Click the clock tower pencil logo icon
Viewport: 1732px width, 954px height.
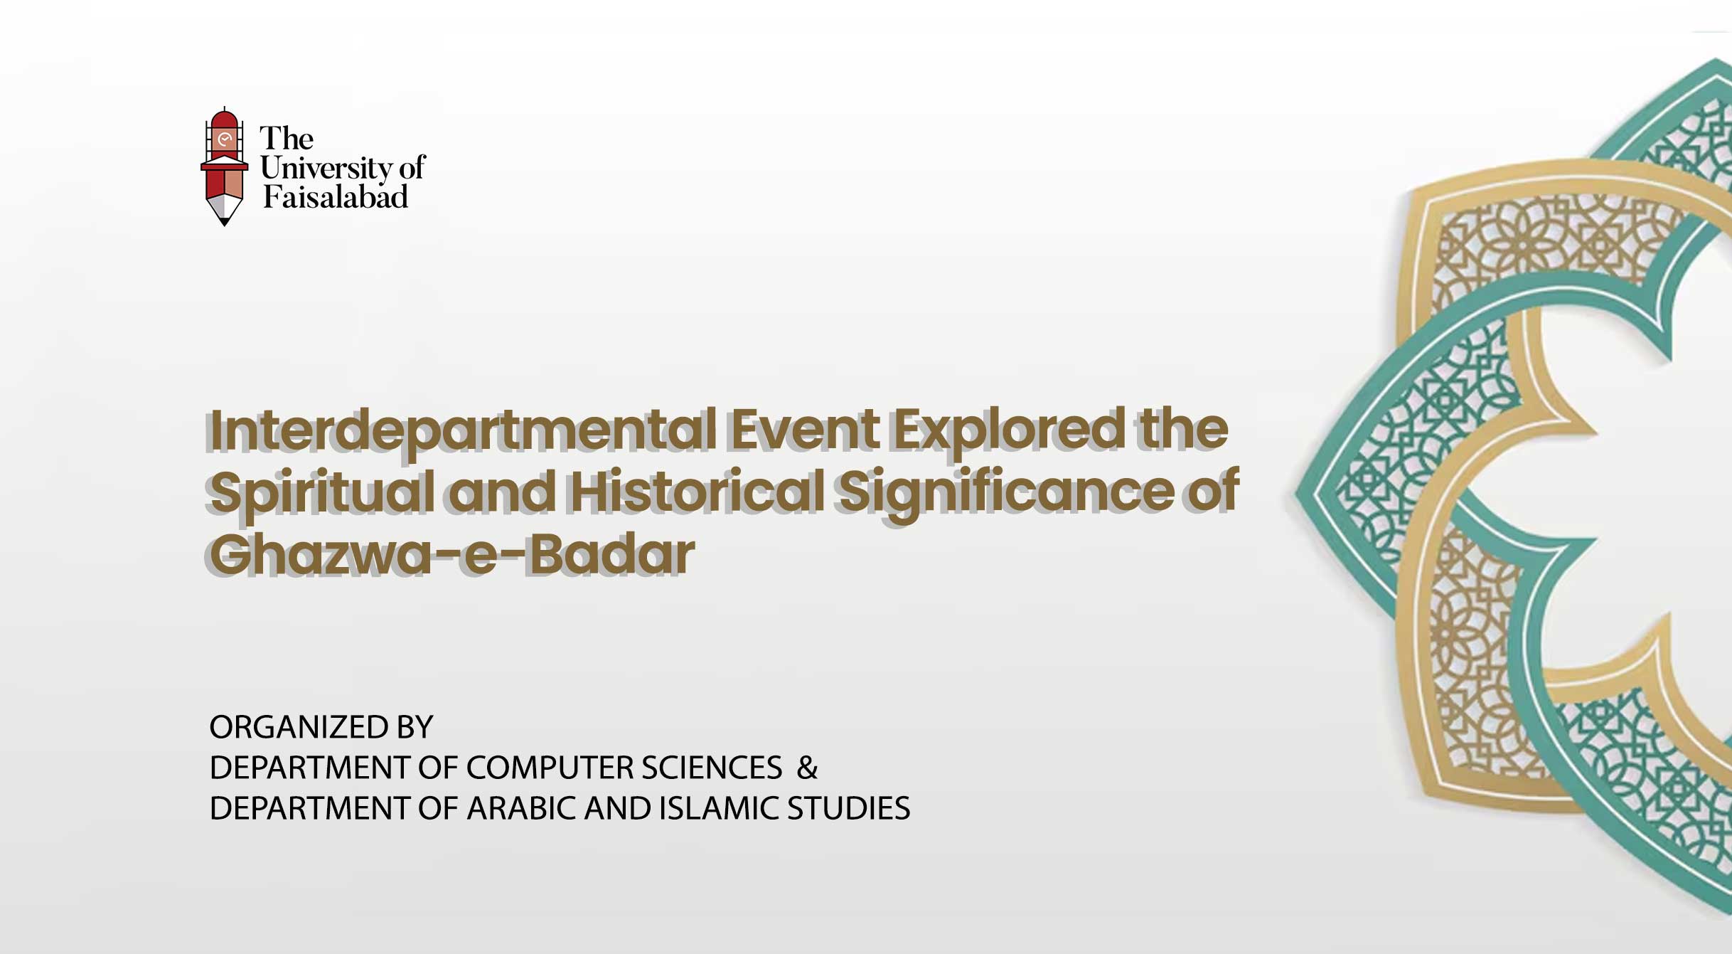pos(224,166)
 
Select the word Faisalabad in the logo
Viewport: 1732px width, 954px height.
pos(336,197)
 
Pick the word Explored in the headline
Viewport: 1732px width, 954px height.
pos(1009,431)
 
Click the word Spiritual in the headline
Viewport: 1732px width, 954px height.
pos(322,493)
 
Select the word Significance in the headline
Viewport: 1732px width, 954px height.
pos(1006,493)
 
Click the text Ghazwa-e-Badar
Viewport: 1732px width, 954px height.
pos(451,554)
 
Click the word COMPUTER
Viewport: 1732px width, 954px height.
pos(550,768)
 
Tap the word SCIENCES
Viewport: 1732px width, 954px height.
pos(712,768)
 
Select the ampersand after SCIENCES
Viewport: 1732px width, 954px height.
pos(807,768)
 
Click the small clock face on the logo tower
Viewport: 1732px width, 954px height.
pos(225,139)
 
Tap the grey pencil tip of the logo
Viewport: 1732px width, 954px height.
pos(225,211)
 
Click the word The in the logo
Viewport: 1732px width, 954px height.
pos(287,138)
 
